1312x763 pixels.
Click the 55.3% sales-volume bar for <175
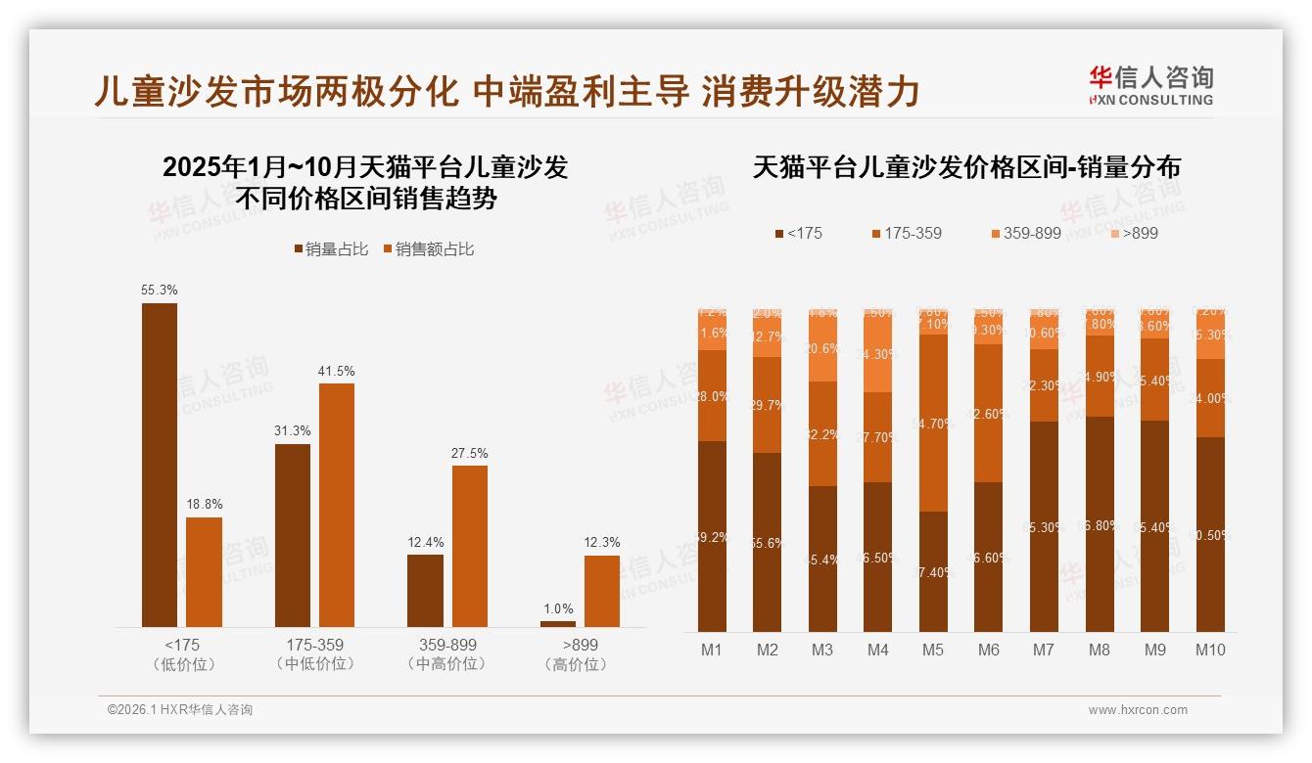[160, 465]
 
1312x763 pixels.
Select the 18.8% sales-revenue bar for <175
[204, 572]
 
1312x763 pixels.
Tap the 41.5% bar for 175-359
[337, 505]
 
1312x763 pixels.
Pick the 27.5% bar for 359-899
[469, 546]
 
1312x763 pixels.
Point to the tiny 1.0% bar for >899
[558, 624]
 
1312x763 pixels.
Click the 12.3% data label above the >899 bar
[602, 543]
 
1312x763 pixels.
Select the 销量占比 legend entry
[331, 249]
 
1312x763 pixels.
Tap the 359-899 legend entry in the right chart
[1025, 233]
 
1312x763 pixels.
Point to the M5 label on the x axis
[933, 650]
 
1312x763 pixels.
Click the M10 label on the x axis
[1210, 650]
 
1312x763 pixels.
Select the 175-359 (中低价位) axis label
[315, 654]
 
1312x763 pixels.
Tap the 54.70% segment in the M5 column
[933, 423]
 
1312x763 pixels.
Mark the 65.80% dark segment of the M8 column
[1100, 524]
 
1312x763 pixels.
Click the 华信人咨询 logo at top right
[1150, 85]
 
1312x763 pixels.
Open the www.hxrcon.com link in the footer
[1138, 710]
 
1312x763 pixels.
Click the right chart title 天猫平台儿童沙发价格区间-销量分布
[966, 167]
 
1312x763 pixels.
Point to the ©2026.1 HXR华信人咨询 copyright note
[180, 710]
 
